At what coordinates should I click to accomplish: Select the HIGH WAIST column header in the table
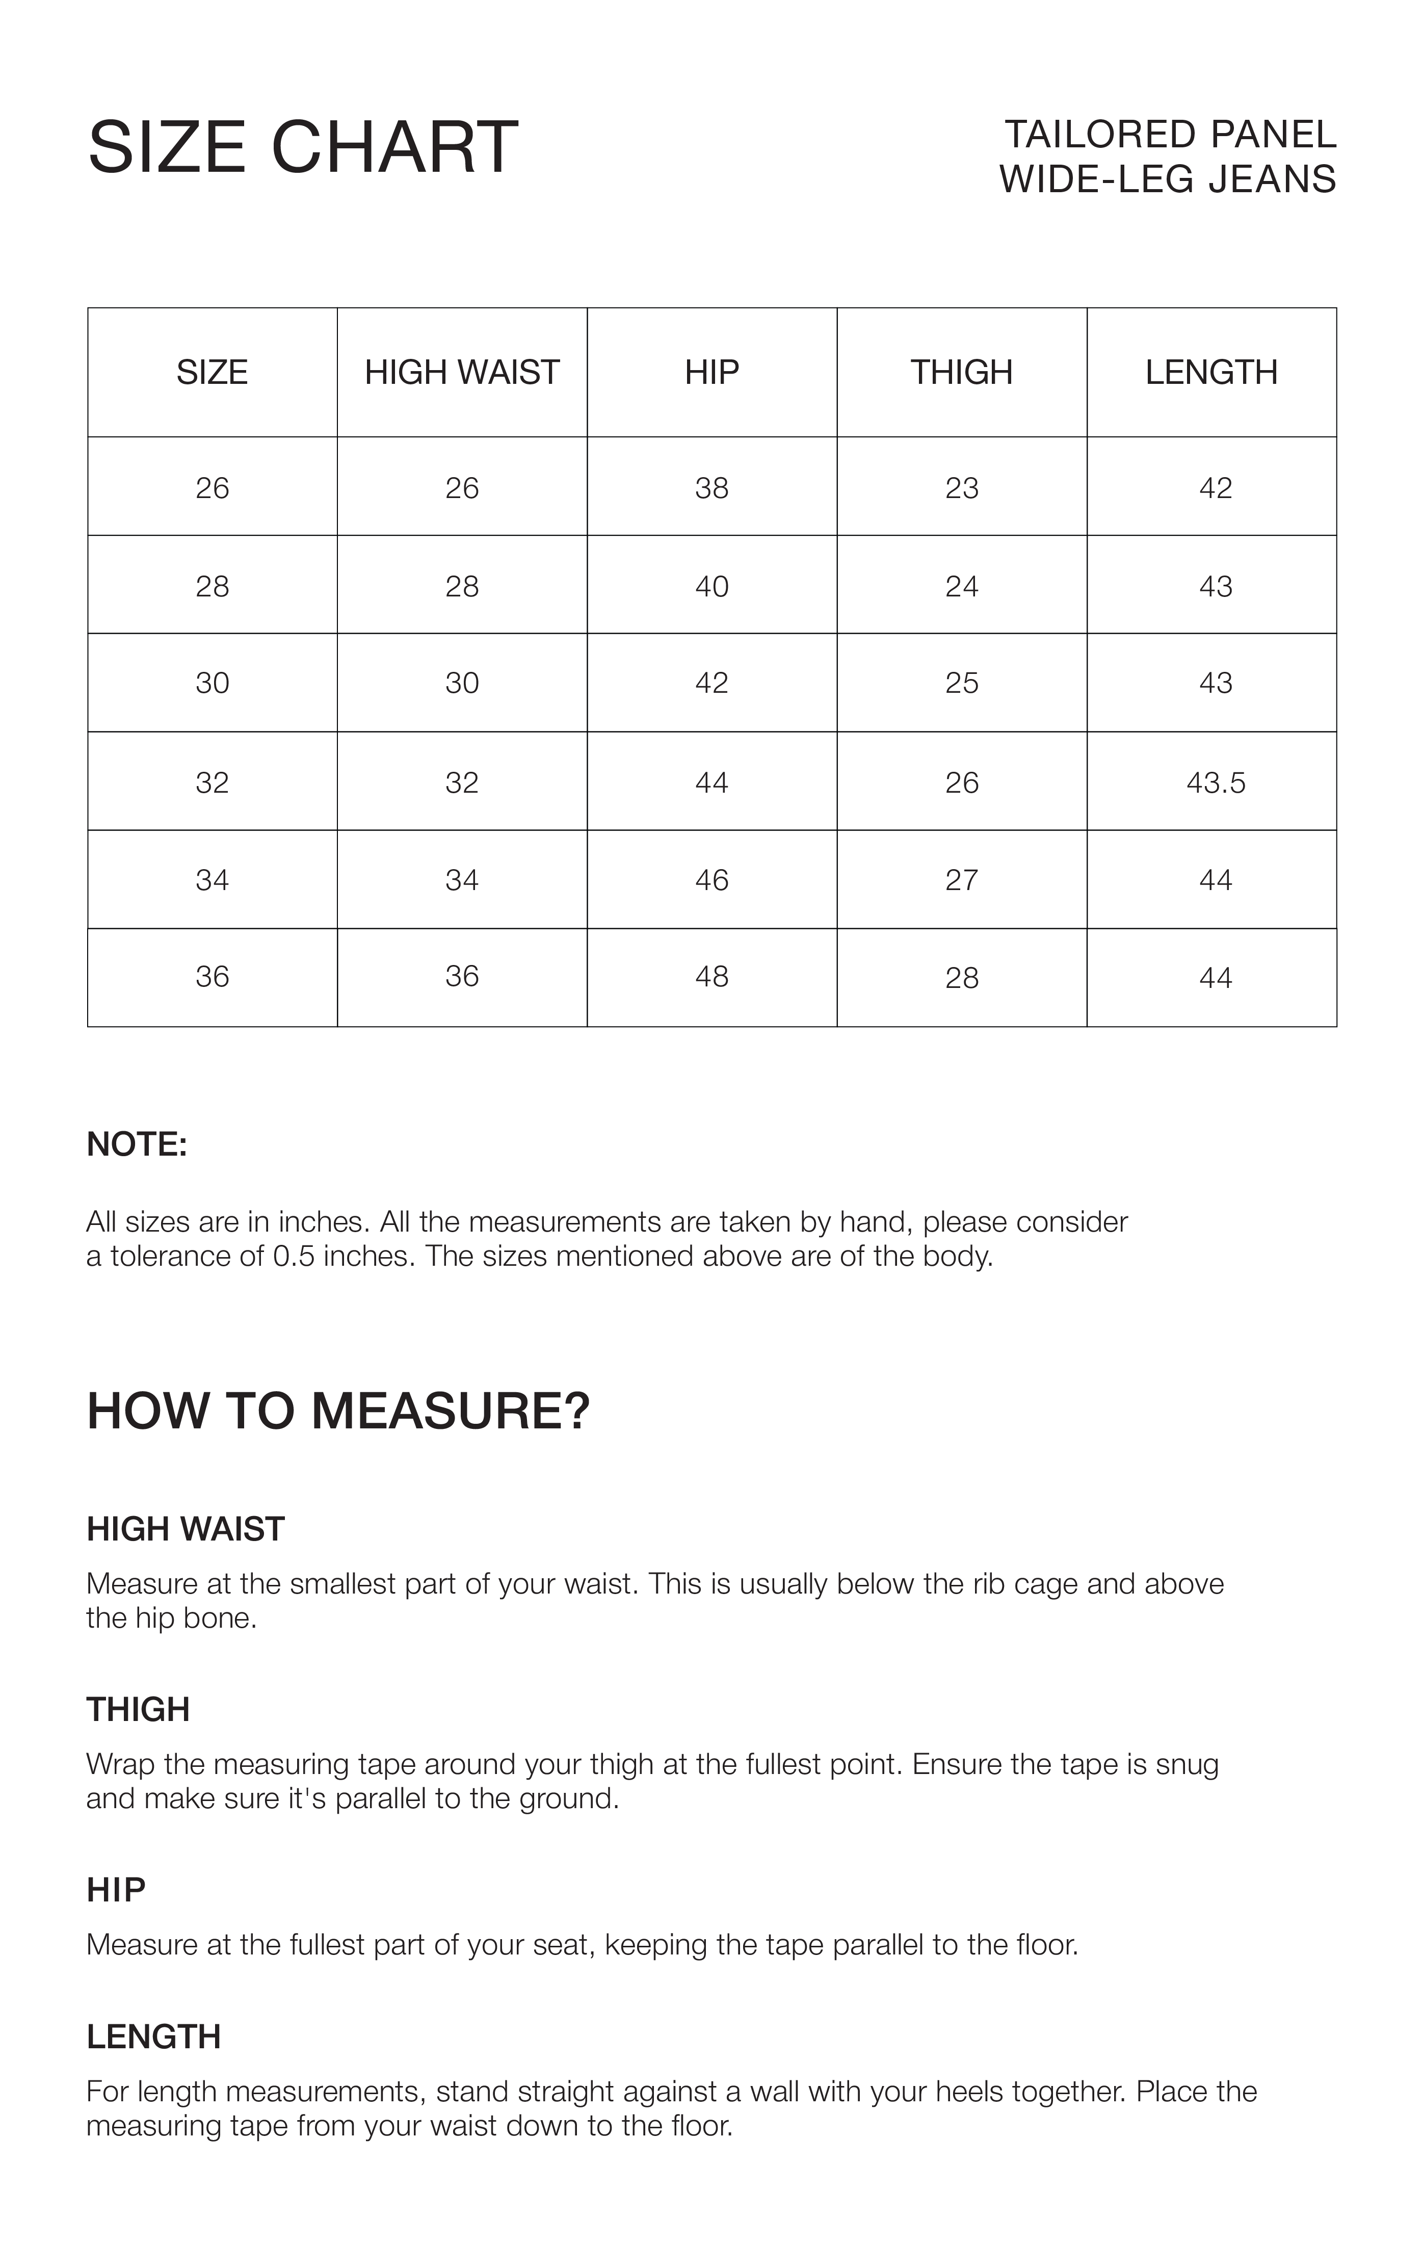coord(462,373)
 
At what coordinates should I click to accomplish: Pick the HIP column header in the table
coord(711,373)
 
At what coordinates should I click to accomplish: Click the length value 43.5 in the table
coord(1216,783)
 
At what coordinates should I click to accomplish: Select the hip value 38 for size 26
coord(711,488)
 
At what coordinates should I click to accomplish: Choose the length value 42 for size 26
coord(1216,488)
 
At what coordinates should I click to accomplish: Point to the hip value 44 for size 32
coord(711,783)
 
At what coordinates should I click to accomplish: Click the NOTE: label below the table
coord(137,1145)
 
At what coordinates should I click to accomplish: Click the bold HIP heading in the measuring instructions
coord(116,1890)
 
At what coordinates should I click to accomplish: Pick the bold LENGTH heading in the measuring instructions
coord(153,2037)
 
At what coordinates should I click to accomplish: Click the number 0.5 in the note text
coord(294,1257)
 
